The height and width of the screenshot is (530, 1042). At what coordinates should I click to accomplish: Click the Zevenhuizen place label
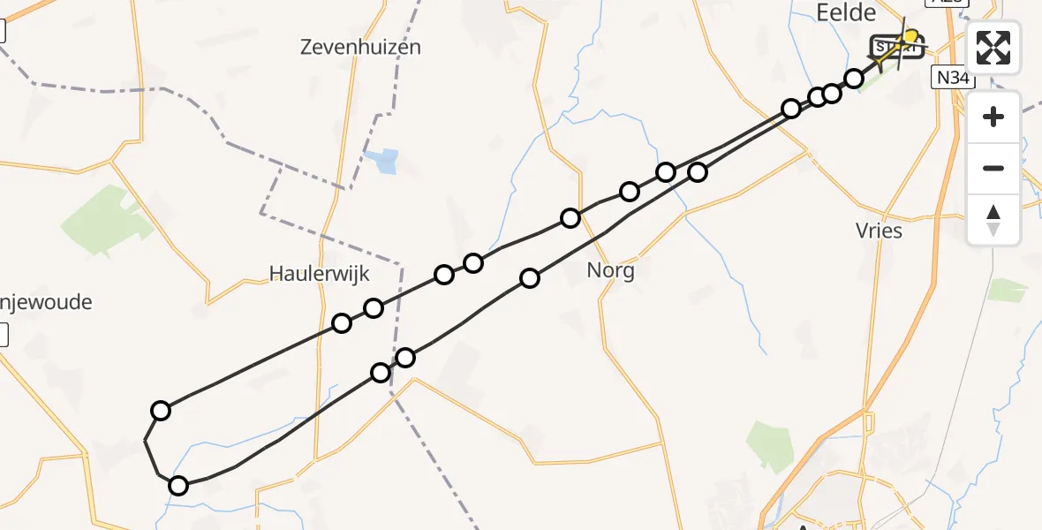coord(359,47)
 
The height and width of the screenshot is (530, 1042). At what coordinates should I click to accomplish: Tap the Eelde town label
coord(846,12)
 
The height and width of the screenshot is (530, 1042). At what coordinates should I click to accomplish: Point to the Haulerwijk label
coord(319,274)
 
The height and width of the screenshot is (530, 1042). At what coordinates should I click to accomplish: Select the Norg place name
coord(610,270)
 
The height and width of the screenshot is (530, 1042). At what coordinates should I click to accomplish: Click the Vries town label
coord(879,231)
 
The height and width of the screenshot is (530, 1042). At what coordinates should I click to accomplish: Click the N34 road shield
coord(953,78)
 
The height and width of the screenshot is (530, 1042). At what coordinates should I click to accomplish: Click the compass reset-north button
coord(993,219)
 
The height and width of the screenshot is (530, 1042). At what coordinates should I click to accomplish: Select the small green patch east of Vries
coord(1007,290)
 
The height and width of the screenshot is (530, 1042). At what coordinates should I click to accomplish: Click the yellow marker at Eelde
coord(910,36)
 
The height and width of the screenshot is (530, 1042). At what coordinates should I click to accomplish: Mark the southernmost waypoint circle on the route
coord(178,485)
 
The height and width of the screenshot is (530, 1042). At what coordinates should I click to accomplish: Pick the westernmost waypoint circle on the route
coord(161,410)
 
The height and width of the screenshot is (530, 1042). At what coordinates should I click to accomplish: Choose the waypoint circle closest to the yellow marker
coord(854,79)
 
